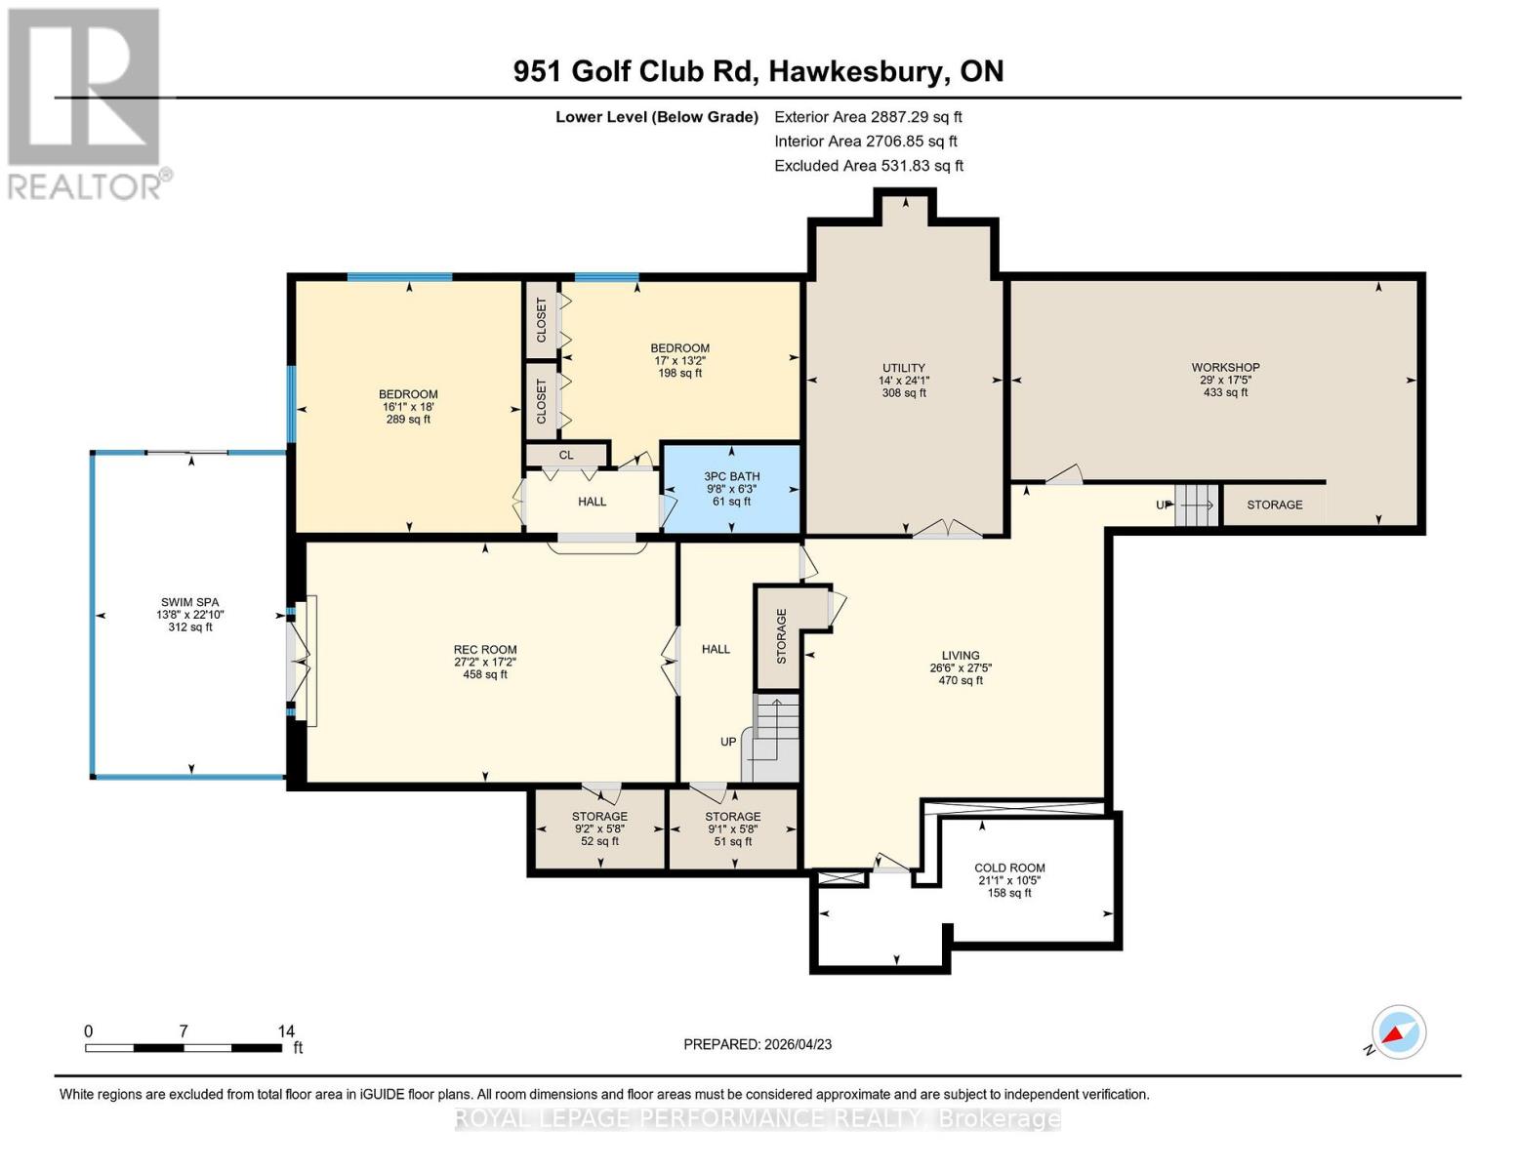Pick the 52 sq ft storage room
coord(599,828)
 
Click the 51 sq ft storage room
coord(732,828)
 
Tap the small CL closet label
coord(566,455)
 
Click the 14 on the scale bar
coord(286,1031)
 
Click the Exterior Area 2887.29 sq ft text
coord(867,116)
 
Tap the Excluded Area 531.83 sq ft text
coord(868,166)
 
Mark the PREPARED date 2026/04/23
coord(758,1044)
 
